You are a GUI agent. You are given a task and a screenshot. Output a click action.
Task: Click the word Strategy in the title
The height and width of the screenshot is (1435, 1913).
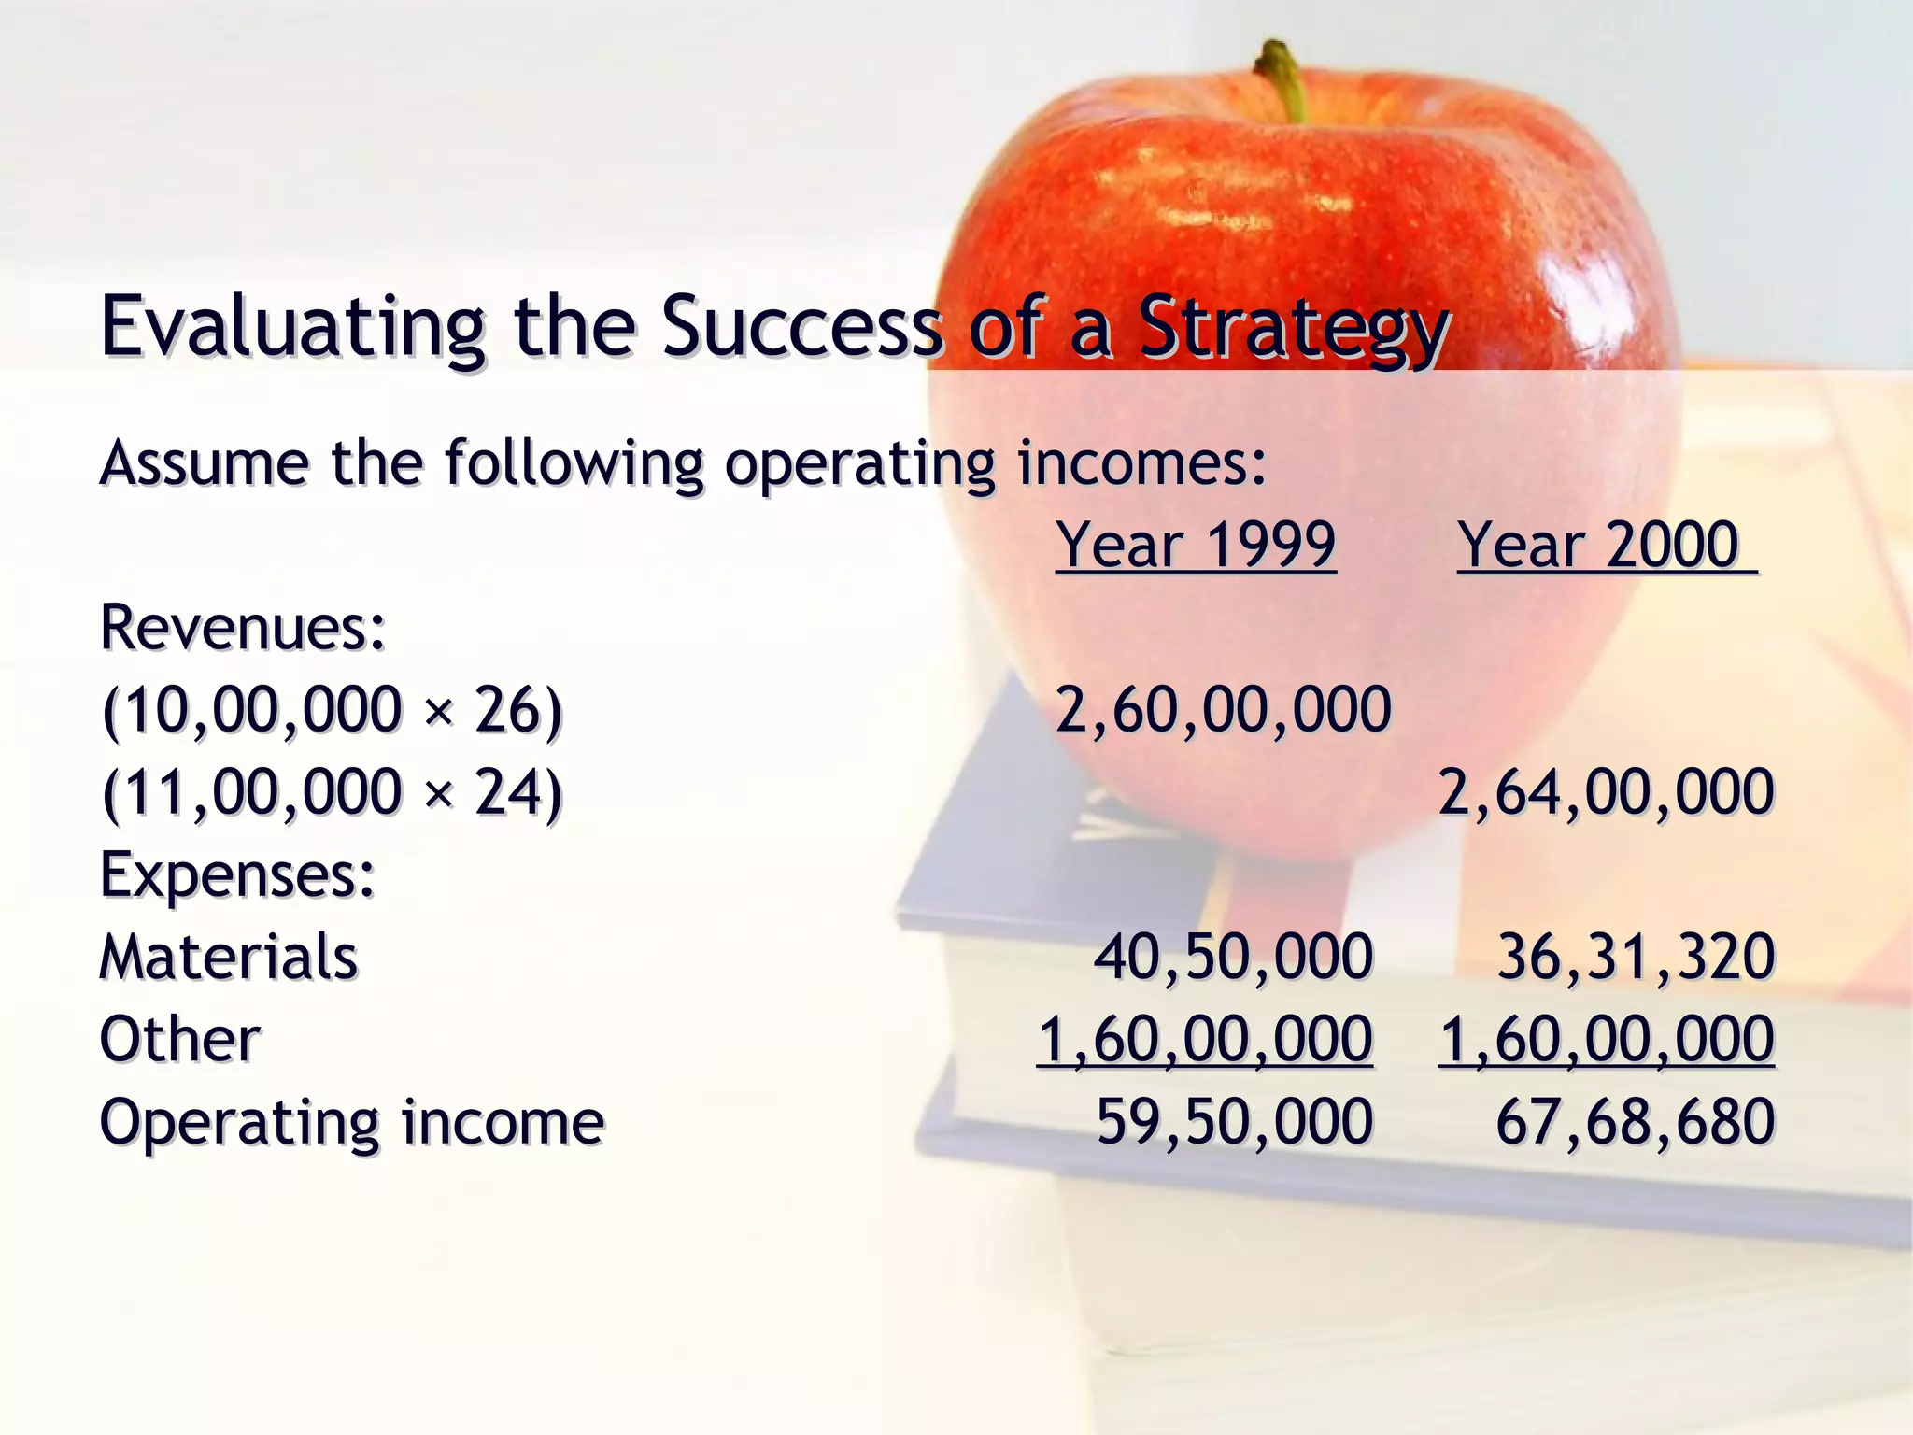pyautogui.click(x=1294, y=329)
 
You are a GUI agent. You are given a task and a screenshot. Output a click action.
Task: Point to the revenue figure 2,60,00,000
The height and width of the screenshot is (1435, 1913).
pyautogui.click(x=1223, y=709)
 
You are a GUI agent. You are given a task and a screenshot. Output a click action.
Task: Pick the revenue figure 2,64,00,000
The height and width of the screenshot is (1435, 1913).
pyautogui.click(x=1605, y=792)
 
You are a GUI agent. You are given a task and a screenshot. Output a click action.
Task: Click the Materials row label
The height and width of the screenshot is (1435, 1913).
pyautogui.click(x=229, y=958)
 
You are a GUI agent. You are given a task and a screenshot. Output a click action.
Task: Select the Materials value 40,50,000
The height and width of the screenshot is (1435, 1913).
pyautogui.click(x=1233, y=958)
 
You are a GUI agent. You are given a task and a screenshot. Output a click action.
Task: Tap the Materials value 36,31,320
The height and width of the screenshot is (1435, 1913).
pyautogui.click(x=1635, y=958)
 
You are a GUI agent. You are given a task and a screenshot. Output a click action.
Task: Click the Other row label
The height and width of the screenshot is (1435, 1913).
pyautogui.click(x=180, y=1040)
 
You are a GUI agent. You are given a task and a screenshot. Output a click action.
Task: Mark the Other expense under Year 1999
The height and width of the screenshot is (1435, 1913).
pyautogui.click(x=1205, y=1040)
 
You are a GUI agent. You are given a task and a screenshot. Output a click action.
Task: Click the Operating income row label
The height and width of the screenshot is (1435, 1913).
pyautogui.click(x=352, y=1122)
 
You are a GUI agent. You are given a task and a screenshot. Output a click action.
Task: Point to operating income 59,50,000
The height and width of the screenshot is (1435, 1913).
pyautogui.click(x=1234, y=1122)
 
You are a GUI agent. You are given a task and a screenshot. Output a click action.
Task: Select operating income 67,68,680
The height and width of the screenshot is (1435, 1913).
pyautogui.click(x=1635, y=1122)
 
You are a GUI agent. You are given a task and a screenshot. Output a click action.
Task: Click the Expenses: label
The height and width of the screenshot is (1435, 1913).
pyautogui.click(x=237, y=875)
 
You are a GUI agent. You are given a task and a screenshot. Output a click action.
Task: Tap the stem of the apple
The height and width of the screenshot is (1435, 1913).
pyautogui.click(x=1283, y=79)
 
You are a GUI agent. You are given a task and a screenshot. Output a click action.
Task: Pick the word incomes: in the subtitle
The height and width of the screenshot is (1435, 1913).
pyautogui.click(x=1141, y=463)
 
